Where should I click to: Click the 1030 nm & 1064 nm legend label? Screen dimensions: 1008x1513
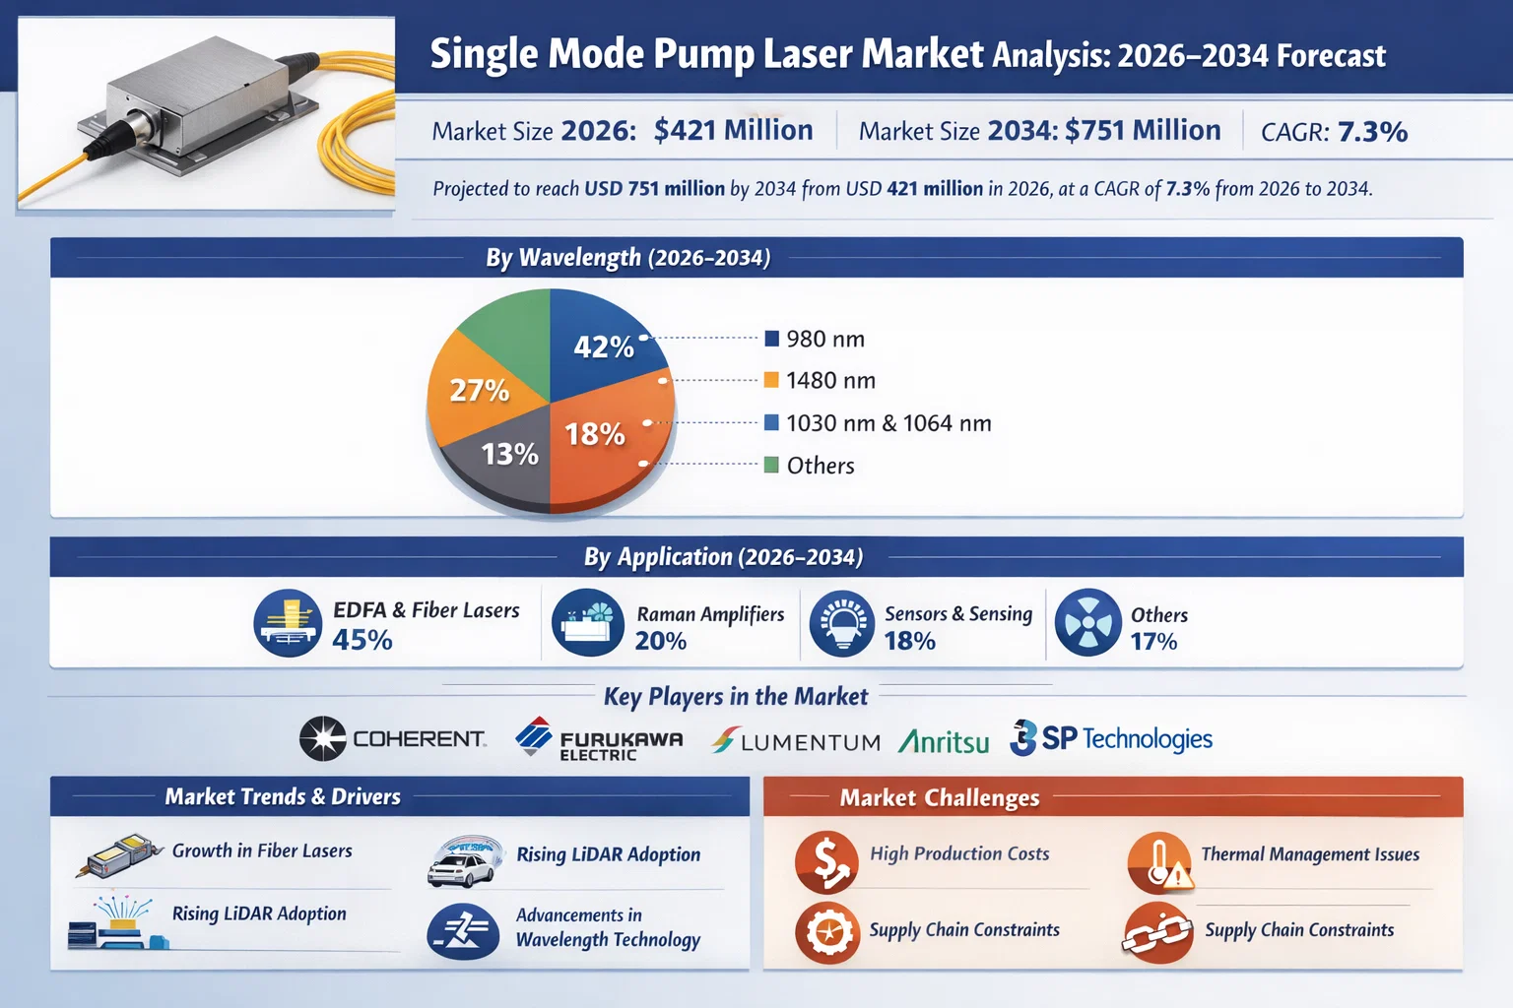pyautogui.click(x=888, y=423)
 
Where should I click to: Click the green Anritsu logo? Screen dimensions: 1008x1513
pyautogui.click(x=944, y=740)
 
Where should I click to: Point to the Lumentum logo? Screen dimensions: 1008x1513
pyautogui.click(x=796, y=741)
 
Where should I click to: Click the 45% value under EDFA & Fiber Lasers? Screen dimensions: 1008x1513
pyautogui.click(x=362, y=640)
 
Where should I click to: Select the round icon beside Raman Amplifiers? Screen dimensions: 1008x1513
pyautogui.click(x=587, y=623)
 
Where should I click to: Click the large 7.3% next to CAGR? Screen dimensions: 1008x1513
pyautogui.click(x=1372, y=132)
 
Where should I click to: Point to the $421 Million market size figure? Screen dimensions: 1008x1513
pyautogui.click(x=733, y=130)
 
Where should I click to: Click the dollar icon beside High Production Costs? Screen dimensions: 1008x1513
pyautogui.click(x=825, y=860)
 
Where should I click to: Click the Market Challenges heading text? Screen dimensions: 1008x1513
pyautogui.click(x=939, y=797)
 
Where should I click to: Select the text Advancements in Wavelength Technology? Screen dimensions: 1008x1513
pyautogui.click(x=608, y=927)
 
